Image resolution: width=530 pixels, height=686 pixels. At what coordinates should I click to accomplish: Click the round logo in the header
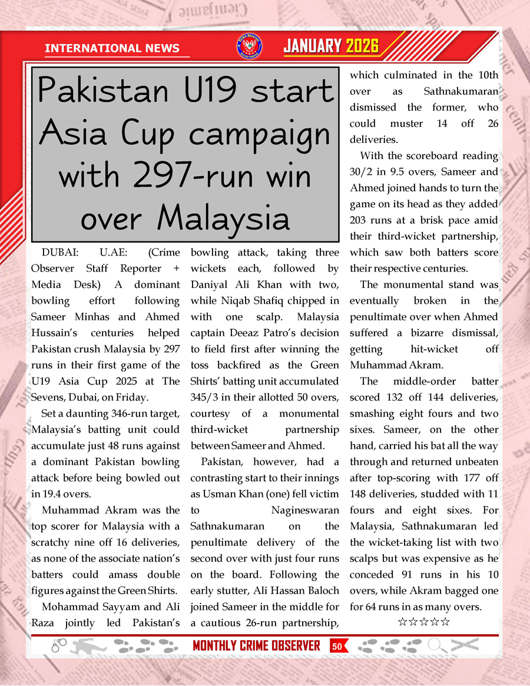249,47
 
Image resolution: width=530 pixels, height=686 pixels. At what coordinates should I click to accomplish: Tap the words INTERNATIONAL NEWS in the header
112,48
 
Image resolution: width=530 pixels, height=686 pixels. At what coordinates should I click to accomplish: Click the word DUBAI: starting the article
62,253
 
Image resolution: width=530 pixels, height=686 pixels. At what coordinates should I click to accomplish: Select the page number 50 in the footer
337,647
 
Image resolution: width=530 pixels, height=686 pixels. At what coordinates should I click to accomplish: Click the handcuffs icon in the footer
59,646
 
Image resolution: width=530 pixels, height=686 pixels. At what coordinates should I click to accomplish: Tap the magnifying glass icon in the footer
437,646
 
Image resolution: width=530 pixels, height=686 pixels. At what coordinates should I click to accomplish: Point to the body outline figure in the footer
89,646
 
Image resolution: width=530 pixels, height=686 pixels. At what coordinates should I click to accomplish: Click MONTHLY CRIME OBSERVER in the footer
256,646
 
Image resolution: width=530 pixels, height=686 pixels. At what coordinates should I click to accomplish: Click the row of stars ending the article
423,622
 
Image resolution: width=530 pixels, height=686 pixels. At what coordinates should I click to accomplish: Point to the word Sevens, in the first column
49,397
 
